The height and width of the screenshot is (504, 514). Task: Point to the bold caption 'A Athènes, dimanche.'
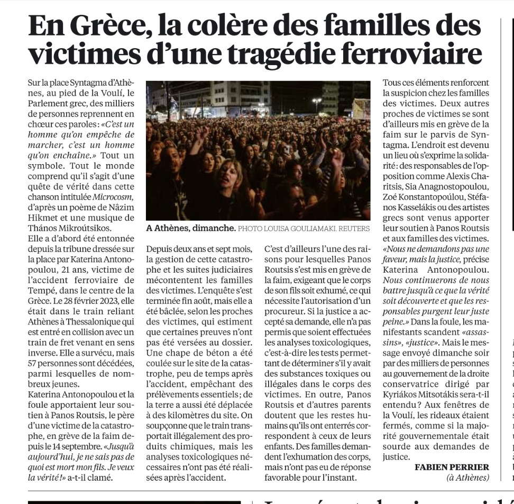tap(191, 229)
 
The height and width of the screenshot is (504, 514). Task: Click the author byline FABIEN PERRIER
tap(452, 467)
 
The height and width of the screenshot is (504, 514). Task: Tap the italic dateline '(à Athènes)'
tap(467, 478)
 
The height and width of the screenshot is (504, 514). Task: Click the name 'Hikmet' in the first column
tap(42, 218)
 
